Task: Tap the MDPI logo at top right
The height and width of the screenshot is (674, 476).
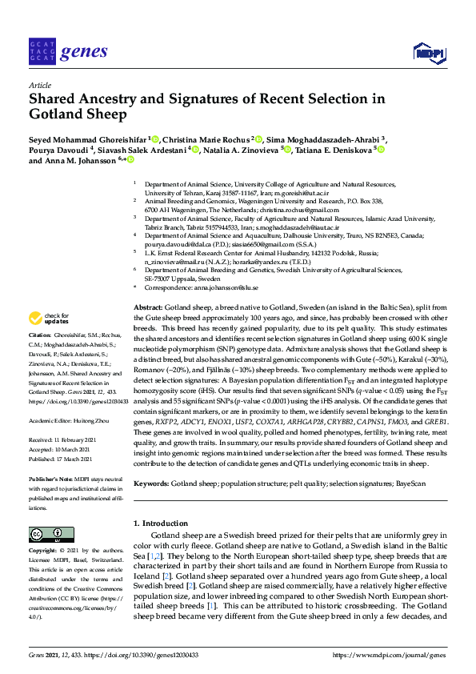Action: [x=426, y=54]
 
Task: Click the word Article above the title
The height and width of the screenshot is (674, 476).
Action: [x=40, y=84]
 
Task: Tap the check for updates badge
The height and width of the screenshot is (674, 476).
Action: [x=46, y=318]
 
